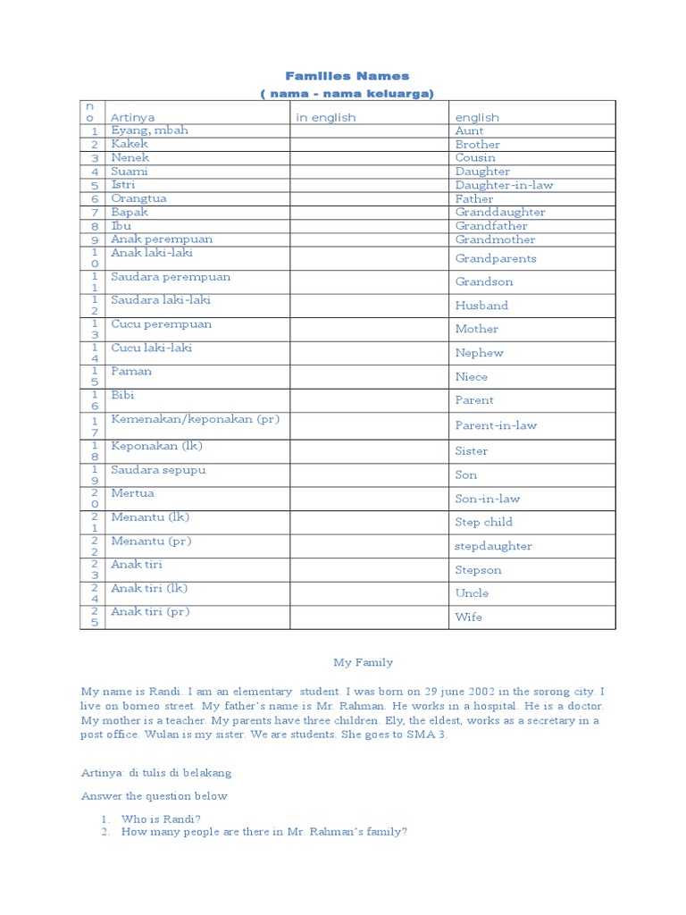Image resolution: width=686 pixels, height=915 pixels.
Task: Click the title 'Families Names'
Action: pos(347,76)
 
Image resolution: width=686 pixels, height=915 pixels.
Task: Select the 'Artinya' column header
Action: pos(132,117)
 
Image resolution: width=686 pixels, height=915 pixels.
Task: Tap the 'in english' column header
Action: pos(325,117)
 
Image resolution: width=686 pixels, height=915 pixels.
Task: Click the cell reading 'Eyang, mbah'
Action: pos(149,130)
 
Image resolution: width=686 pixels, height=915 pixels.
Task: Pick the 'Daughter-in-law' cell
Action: pos(504,185)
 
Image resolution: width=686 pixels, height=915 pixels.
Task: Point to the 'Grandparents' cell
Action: pos(496,258)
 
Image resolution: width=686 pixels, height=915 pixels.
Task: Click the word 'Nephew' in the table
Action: pos(479,353)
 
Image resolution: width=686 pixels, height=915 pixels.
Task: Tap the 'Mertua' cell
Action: pos(132,493)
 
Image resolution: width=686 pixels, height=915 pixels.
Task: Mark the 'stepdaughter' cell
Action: pos(493,546)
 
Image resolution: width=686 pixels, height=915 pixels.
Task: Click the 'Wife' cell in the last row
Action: pos(468,617)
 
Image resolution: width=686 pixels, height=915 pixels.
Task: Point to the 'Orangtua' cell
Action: pos(138,198)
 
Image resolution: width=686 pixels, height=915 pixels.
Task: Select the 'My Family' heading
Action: pos(363,662)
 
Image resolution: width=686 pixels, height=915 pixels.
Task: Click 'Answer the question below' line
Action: pos(155,796)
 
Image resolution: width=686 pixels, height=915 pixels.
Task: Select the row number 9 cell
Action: pos(93,239)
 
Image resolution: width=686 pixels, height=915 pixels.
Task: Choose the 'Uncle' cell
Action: pos(472,593)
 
